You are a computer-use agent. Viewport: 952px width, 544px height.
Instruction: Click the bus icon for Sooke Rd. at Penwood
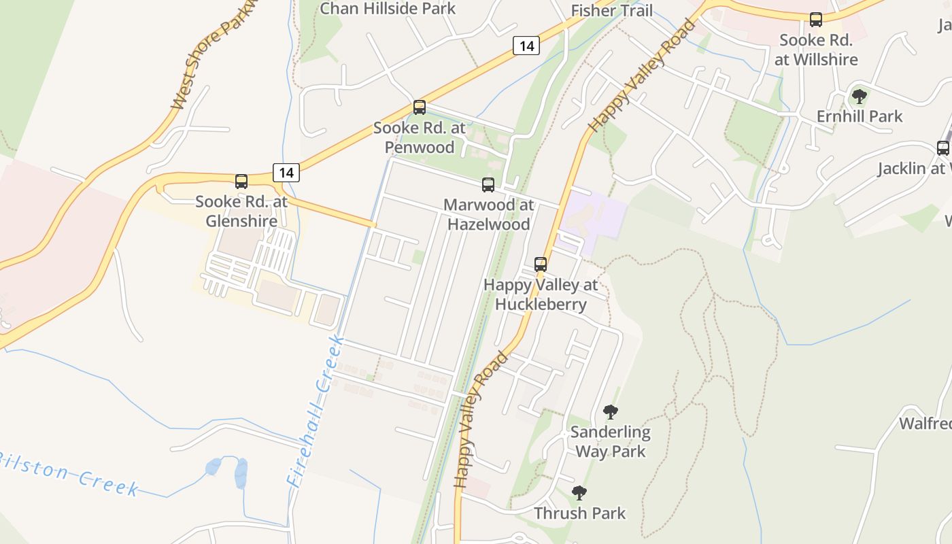(x=420, y=107)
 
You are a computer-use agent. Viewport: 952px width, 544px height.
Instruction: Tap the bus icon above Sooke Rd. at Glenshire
(x=241, y=182)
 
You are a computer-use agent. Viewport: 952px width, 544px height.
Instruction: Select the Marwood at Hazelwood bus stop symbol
(x=488, y=184)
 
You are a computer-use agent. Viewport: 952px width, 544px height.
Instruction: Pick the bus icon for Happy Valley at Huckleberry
(x=541, y=265)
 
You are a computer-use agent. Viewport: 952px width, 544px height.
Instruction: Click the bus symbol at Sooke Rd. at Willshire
(x=816, y=20)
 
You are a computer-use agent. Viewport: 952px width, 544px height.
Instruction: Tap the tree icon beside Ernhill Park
(x=860, y=97)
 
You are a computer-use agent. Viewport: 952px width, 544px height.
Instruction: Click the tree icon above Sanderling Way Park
(x=611, y=412)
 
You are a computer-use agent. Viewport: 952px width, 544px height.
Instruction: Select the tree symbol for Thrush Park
(x=579, y=493)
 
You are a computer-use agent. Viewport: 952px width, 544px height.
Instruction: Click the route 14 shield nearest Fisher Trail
(x=526, y=46)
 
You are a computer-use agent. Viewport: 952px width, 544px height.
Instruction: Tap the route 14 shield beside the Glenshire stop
(x=286, y=173)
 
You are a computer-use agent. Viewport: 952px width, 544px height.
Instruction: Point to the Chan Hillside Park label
(x=388, y=9)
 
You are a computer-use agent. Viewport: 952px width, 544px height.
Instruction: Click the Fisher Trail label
(x=612, y=11)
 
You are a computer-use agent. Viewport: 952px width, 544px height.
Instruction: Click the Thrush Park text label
(x=580, y=513)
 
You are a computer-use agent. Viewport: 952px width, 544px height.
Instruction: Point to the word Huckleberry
(x=541, y=304)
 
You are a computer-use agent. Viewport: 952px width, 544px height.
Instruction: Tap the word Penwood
(x=420, y=147)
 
